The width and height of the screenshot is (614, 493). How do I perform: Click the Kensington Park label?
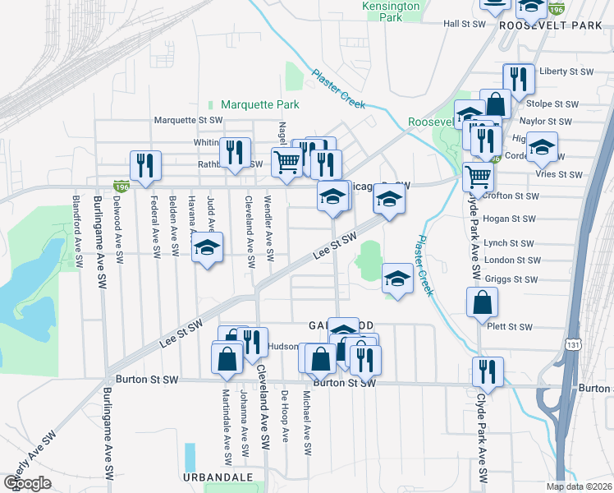pos(391,12)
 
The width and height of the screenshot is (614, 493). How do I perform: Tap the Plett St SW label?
pos(509,326)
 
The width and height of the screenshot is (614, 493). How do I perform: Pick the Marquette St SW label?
pos(190,120)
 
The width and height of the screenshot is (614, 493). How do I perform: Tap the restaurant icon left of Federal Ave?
pos(144,164)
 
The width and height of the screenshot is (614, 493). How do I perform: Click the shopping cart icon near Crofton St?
pos(478,176)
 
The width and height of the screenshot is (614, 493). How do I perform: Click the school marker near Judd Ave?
pos(208,247)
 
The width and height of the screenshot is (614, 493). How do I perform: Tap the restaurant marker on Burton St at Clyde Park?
pos(488,371)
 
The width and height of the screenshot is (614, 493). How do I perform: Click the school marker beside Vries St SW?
pos(542,147)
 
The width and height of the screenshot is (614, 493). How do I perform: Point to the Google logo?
pos(27,483)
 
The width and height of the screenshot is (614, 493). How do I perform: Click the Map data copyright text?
pos(580,486)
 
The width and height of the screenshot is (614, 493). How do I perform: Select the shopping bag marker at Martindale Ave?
pos(227,358)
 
